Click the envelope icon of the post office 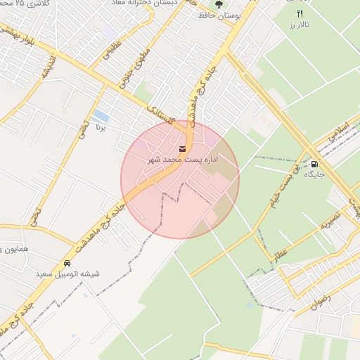click(183, 148)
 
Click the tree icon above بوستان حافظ click(219, 4)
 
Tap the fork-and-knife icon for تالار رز click(300, 13)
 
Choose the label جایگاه click(314, 175)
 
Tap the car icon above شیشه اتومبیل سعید click(67, 263)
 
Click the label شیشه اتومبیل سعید click(67, 274)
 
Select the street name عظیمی click(115, 52)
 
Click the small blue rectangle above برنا click(101, 115)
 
